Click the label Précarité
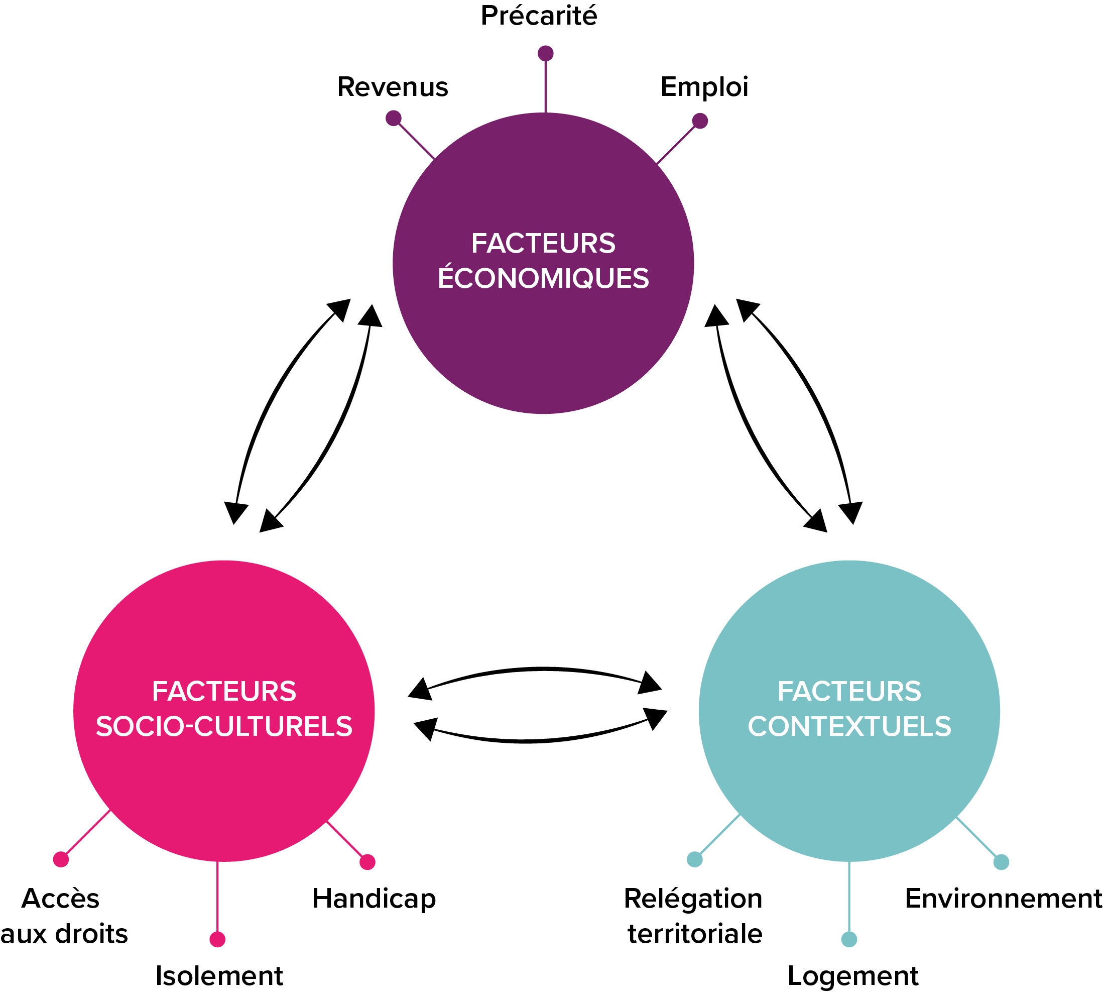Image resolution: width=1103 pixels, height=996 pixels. coord(539,16)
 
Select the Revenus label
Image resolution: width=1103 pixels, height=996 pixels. coord(392,87)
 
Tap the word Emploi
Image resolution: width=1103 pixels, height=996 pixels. coord(704,87)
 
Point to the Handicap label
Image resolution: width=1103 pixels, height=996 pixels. coord(374,899)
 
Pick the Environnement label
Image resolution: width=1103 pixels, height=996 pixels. coord(1004,899)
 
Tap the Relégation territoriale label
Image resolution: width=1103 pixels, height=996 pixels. coord(694,916)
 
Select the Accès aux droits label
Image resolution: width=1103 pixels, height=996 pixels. coord(63,916)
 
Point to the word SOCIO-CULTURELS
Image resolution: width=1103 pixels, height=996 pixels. coord(224,726)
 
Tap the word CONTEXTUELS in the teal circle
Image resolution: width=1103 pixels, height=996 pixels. coord(849,726)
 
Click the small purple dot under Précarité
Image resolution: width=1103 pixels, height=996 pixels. coord(546,53)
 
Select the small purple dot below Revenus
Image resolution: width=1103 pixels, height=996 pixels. coord(394,118)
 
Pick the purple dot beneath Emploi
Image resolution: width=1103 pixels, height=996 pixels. coord(700,121)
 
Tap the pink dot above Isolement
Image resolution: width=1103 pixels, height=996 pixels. coord(217,939)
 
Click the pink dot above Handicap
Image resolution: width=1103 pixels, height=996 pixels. coord(367,862)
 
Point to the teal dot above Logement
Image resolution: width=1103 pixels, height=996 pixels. coord(848,939)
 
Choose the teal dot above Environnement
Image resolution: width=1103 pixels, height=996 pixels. coord(1001,862)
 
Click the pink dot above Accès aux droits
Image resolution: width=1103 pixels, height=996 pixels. coord(61,859)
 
